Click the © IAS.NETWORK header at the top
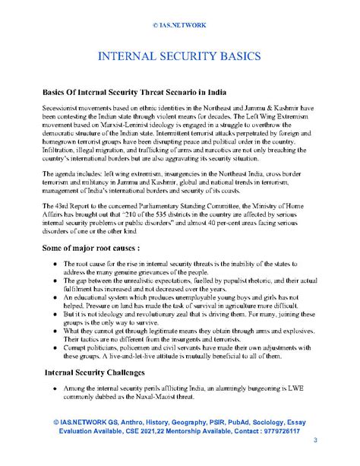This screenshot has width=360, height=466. tap(180, 24)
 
